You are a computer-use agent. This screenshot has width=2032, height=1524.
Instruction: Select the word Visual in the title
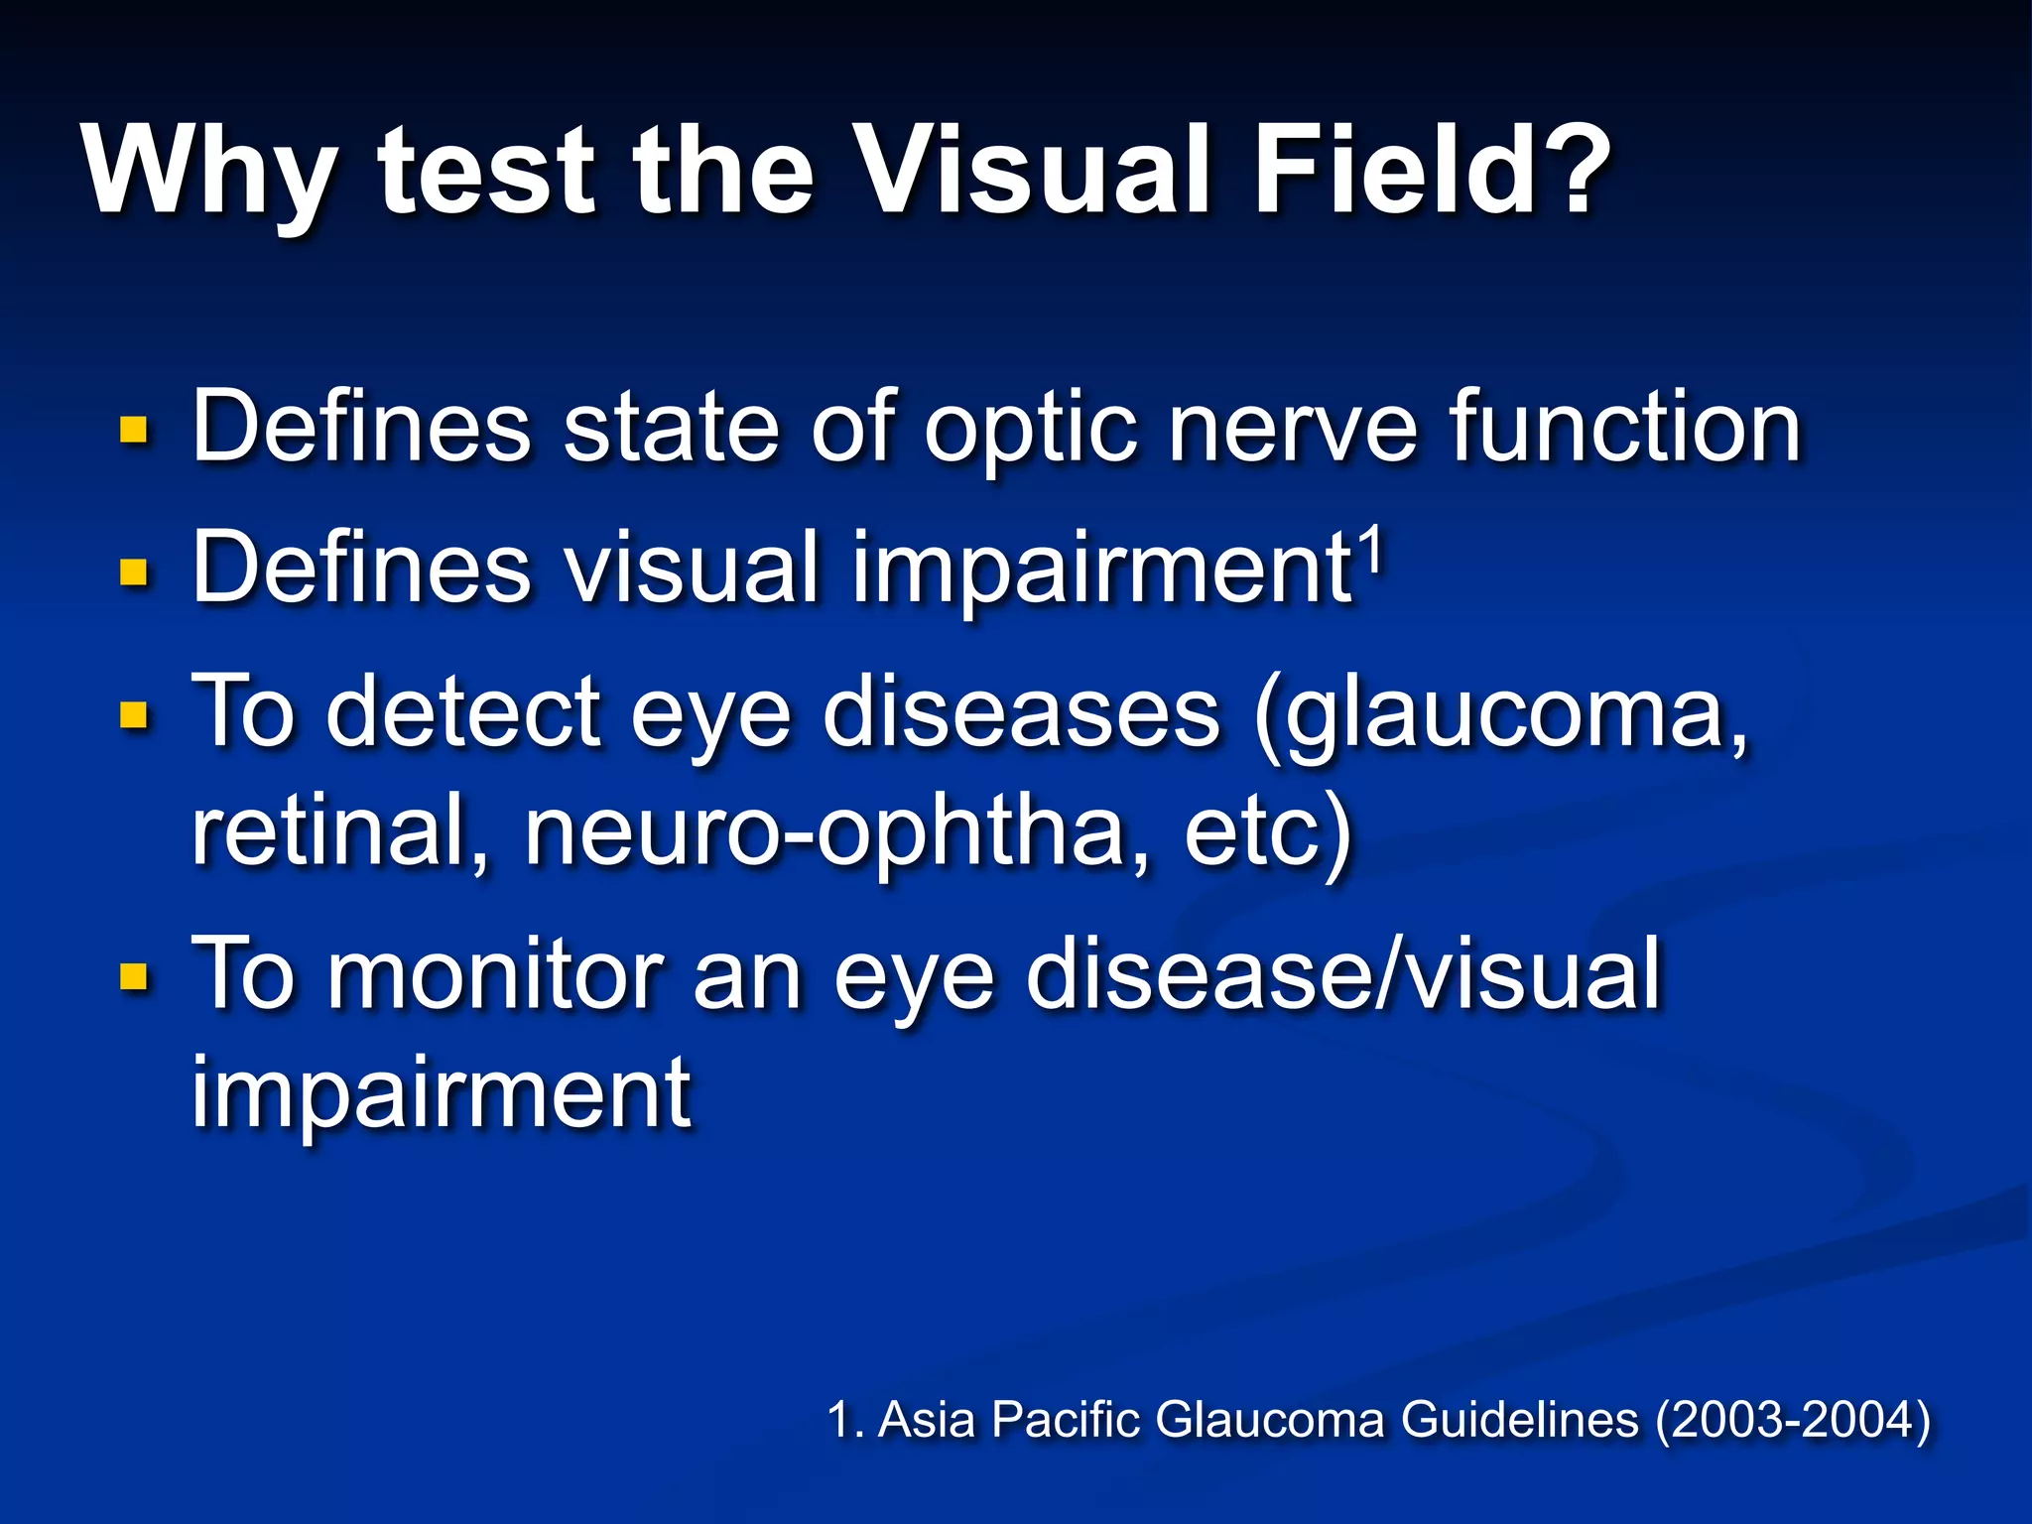[1032, 171]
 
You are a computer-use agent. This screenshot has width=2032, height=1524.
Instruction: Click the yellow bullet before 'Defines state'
[133, 431]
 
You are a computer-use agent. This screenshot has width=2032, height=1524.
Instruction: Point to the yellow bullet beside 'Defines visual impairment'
[133, 572]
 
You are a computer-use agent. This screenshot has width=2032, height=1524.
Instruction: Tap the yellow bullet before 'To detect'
[133, 714]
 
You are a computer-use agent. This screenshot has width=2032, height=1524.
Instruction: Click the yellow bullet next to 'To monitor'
[133, 977]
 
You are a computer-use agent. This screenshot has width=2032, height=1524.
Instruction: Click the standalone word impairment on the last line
[441, 1093]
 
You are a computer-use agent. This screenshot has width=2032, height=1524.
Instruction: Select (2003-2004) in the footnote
[1792, 1420]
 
